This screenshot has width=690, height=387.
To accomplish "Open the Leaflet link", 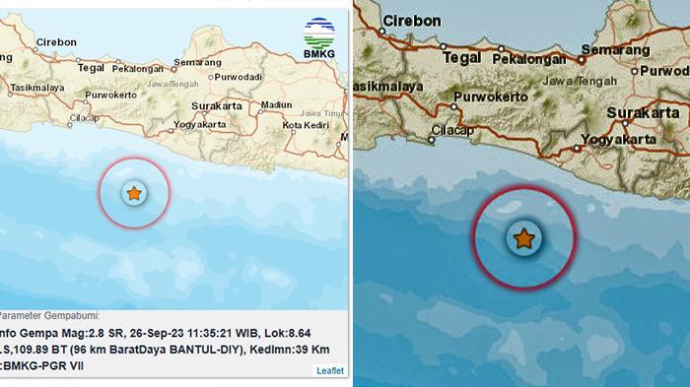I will (329, 370).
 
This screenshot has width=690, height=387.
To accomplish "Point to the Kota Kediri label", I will (306, 125).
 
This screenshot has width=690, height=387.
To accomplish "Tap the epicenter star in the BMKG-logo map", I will (134, 193).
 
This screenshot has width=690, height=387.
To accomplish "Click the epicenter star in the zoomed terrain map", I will (524, 238).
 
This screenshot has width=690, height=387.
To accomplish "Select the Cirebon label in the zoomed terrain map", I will (412, 20).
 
